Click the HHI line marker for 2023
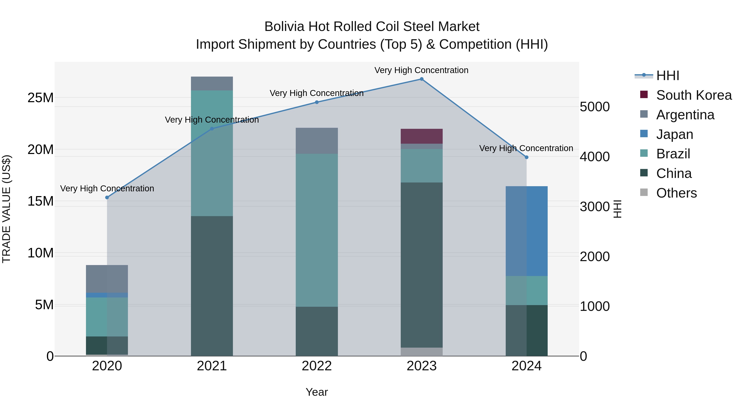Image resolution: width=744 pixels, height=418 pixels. (421, 79)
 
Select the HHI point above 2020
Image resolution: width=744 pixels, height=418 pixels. (107, 198)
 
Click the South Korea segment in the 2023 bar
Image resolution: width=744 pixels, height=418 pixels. (421, 136)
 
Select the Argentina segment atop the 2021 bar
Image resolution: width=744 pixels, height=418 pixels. (212, 83)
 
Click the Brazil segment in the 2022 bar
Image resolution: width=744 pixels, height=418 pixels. (317, 230)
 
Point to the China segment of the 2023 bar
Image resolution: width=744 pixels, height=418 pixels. (421, 265)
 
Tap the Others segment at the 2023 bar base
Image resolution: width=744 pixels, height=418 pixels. (421, 352)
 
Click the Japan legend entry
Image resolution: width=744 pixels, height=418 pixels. (674, 134)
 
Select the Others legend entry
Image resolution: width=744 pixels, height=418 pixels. (676, 193)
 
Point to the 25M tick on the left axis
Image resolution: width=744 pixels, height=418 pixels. (41, 98)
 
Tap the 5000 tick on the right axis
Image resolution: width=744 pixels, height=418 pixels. (595, 107)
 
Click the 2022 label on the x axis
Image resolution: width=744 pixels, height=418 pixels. (317, 366)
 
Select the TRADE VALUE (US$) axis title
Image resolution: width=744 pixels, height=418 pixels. (7, 209)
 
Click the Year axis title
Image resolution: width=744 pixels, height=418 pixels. (317, 392)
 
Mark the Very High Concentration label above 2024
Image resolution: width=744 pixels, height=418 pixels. (526, 148)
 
